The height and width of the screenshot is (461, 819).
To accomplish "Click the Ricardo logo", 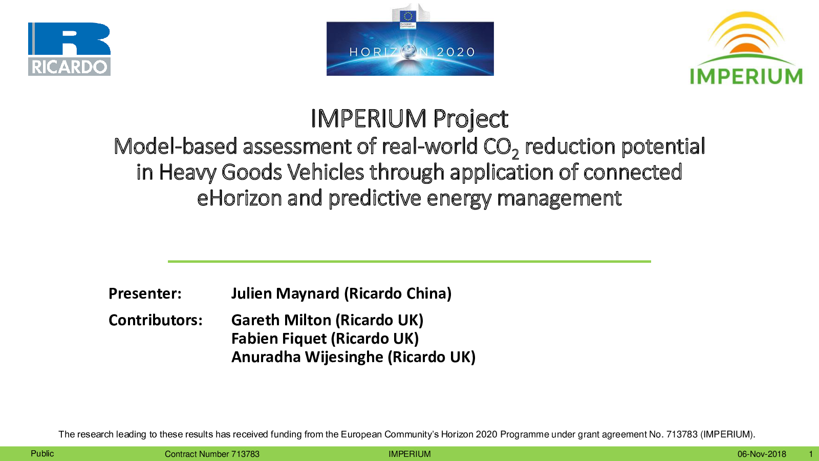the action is point(69,49).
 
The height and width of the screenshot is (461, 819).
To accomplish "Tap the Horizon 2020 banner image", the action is point(410,49).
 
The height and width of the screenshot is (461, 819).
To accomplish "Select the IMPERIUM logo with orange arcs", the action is point(746,48).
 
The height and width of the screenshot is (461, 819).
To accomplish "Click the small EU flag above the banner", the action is point(407,16).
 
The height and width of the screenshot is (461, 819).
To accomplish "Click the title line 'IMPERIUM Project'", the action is point(409,118).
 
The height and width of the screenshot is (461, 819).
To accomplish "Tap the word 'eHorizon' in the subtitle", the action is point(240,198).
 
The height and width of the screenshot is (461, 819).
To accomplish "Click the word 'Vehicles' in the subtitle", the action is point(326,172).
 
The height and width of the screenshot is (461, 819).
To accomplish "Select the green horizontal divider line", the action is point(409,262).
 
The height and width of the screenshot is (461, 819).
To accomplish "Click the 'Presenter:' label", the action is point(145,294).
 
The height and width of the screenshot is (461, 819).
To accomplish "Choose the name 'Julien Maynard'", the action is point(285,294).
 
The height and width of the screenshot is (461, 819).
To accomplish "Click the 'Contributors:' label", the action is point(156,320).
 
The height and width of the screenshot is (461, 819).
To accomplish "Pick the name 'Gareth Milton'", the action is point(281,320).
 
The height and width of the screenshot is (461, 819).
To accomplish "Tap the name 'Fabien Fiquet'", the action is point(278,339).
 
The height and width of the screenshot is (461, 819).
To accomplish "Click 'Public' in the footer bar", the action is point(42,454).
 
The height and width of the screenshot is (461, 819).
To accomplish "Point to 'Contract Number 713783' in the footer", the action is point(212,454).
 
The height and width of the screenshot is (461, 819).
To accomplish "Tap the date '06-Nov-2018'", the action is point(762,454).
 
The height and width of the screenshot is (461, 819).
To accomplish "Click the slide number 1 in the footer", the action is point(811,454).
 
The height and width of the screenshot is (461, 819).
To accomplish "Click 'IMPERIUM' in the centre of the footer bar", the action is point(409,454).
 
